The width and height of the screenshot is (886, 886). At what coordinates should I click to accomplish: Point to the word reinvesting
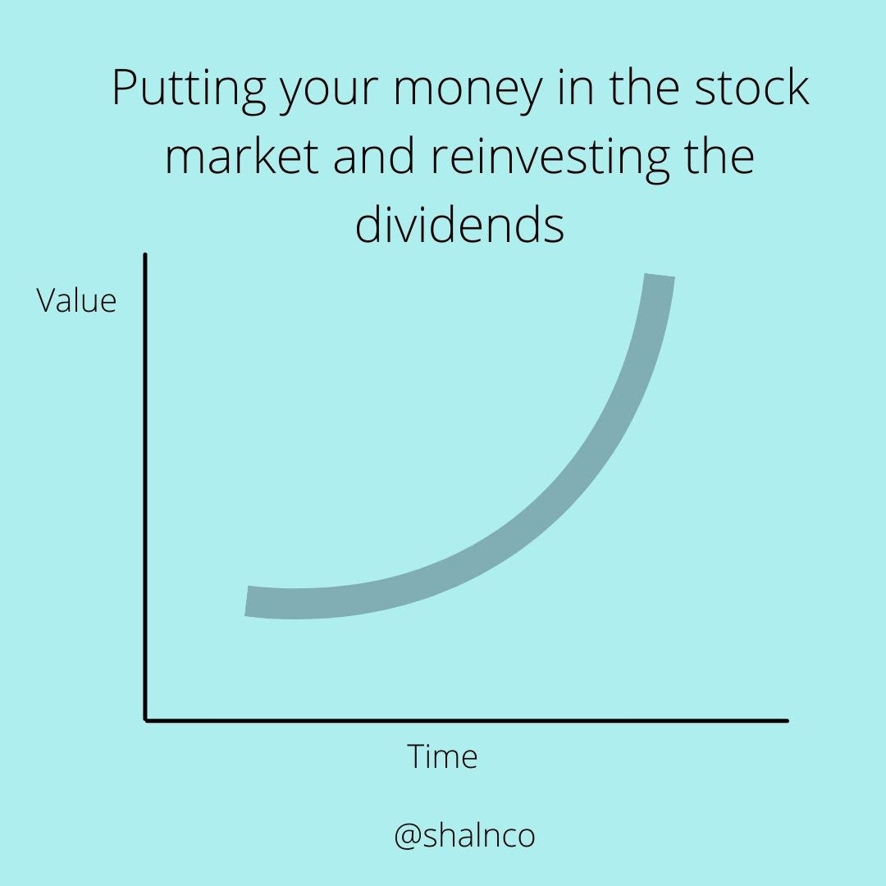click(548, 158)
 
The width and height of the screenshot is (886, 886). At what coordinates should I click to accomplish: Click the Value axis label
click(76, 301)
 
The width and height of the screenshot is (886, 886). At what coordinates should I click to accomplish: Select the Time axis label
click(442, 756)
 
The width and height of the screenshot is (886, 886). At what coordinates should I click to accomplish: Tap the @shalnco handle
click(464, 836)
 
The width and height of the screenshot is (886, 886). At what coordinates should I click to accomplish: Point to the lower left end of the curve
click(248, 601)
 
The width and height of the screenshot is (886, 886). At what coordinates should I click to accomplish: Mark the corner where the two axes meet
click(146, 720)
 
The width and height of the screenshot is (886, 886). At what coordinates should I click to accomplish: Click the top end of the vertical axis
click(145, 256)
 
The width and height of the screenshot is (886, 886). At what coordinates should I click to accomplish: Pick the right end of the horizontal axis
click(786, 720)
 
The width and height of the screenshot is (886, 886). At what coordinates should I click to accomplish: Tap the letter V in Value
click(45, 301)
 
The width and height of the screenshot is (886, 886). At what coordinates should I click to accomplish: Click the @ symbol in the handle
click(407, 837)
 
